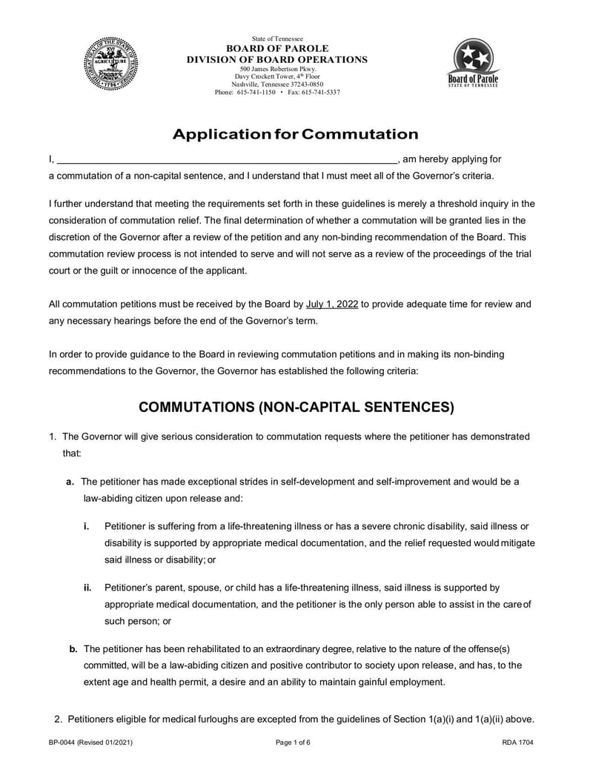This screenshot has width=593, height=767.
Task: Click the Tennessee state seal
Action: tap(110, 64)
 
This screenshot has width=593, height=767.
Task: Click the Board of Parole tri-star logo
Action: tap(473, 62)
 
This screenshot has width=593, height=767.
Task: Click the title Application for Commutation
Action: tap(296, 134)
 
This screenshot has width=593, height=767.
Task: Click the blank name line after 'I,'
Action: tap(228, 159)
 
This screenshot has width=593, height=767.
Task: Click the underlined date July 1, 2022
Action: tap(332, 304)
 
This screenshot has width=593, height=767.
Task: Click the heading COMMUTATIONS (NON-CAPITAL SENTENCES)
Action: tap(296, 408)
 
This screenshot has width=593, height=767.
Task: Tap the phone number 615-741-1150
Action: tap(256, 93)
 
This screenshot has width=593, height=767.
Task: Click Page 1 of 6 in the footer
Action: tap(293, 742)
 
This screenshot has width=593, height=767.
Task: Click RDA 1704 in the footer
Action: tap(518, 742)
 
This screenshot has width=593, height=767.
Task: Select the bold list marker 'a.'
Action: tap(70, 482)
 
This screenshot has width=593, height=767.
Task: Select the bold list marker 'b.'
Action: tap(73, 649)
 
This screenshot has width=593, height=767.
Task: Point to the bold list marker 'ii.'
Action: tap(87, 588)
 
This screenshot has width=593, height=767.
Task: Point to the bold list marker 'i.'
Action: tap(87, 526)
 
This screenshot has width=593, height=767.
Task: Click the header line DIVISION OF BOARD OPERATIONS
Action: tap(276, 59)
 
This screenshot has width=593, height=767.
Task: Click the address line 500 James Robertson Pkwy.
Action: tap(276, 69)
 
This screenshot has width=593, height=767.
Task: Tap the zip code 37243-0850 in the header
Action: tap(307, 84)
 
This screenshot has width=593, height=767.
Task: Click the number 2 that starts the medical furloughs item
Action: tap(58, 719)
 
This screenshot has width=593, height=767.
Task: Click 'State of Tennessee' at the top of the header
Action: tap(276, 39)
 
